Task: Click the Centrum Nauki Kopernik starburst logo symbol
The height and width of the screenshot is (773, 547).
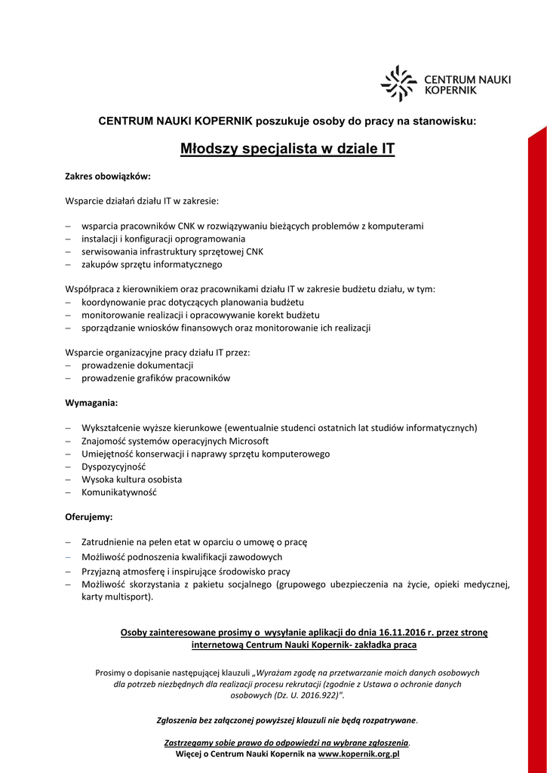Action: (398, 84)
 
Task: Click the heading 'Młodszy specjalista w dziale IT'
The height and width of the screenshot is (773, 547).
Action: (287, 149)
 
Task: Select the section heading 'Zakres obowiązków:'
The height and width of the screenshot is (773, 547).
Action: (108, 177)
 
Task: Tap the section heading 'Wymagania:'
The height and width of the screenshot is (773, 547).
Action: (91, 403)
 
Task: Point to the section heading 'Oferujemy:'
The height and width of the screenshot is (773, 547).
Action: (89, 517)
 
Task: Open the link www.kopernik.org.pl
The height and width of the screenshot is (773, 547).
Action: (358, 753)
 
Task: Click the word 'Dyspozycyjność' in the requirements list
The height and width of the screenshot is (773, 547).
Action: (113, 467)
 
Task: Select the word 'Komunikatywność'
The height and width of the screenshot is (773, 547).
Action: (118, 492)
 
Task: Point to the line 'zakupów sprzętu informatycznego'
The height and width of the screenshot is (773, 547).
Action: (152, 264)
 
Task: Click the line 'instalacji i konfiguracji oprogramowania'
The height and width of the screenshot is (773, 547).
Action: (163, 239)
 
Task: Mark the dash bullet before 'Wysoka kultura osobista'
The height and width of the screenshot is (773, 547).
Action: (68, 479)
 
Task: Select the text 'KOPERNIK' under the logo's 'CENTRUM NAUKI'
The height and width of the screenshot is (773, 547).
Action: (451, 89)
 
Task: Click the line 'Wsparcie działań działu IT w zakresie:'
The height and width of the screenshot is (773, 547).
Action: (142, 202)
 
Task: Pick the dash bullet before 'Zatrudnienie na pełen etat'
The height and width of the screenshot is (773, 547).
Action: (68, 542)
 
